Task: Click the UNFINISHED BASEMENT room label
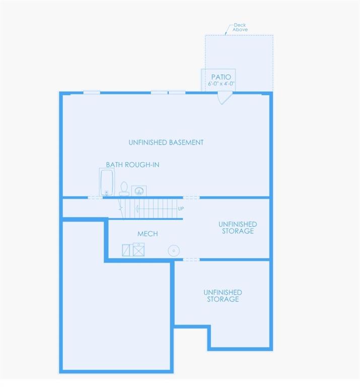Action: (x=166, y=143)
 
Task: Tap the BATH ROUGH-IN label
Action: (x=132, y=165)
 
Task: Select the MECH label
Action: (x=148, y=234)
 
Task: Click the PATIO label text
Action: (x=221, y=77)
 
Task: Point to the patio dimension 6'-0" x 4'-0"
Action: (x=221, y=84)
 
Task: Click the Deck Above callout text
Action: (x=240, y=27)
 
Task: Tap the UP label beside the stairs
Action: (x=181, y=209)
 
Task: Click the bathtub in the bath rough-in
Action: (x=107, y=182)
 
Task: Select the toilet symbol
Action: (x=124, y=189)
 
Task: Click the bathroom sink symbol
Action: (x=139, y=191)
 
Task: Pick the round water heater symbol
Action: (x=174, y=251)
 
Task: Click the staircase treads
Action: (x=151, y=209)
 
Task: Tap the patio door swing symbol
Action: (x=224, y=97)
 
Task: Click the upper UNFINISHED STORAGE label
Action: (x=238, y=228)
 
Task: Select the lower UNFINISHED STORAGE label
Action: (x=223, y=296)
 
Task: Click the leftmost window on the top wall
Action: (x=92, y=93)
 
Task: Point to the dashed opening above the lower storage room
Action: (x=191, y=260)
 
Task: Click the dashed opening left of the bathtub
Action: (x=95, y=198)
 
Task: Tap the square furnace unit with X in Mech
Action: (x=138, y=249)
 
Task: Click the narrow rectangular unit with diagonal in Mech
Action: (x=126, y=250)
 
